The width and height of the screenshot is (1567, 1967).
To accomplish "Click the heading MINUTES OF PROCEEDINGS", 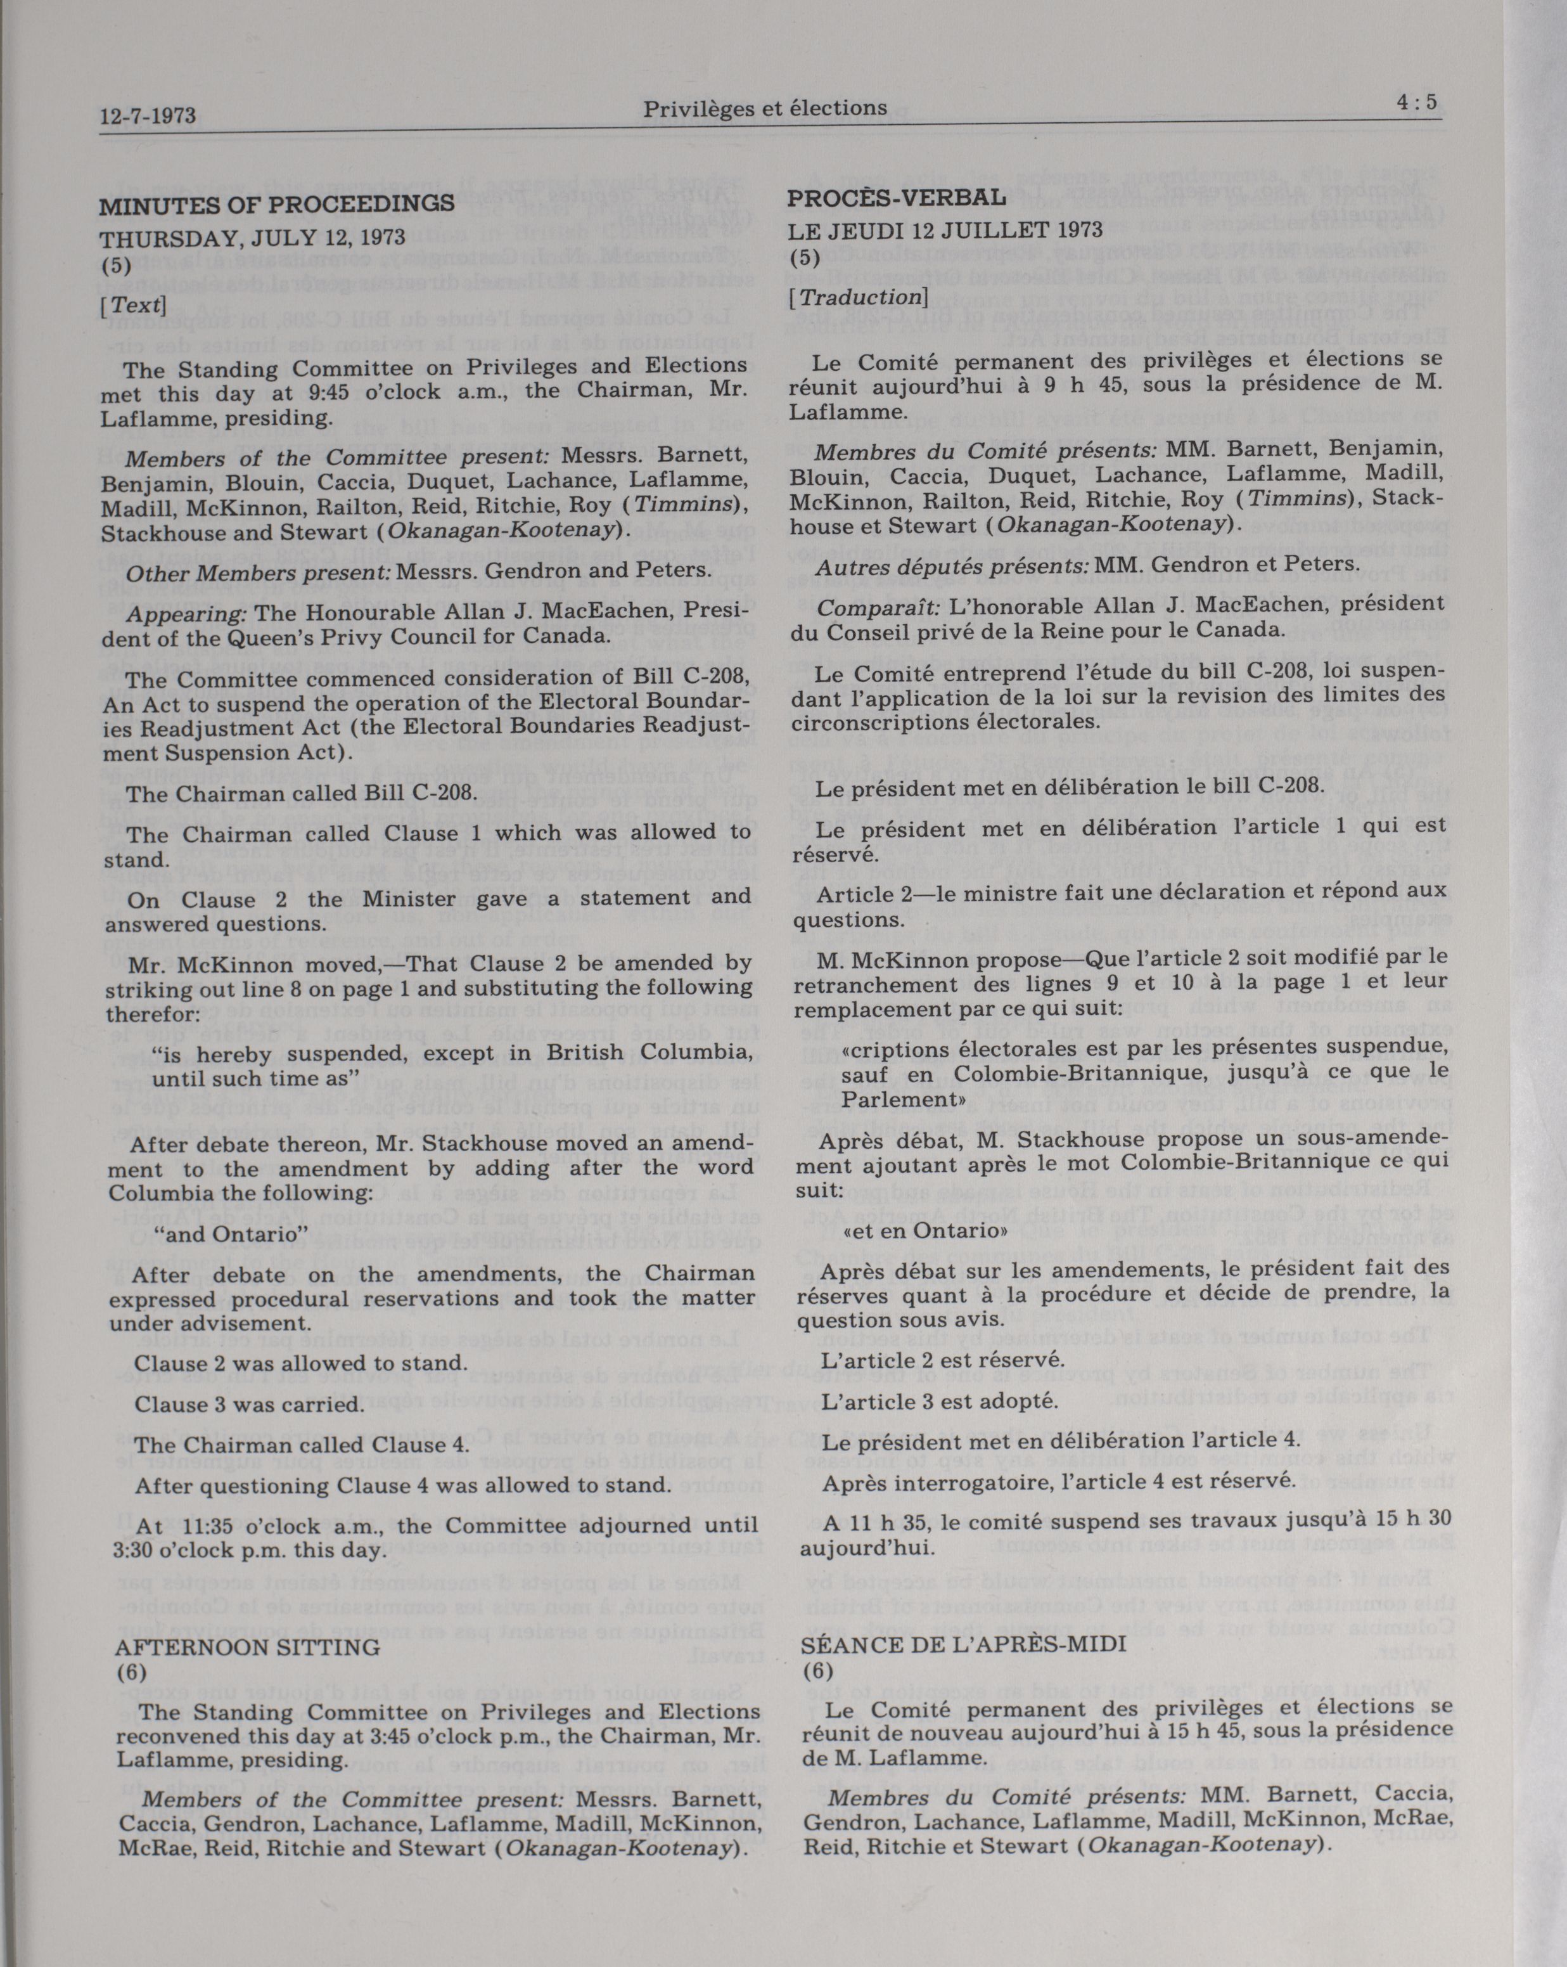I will click(x=276, y=204).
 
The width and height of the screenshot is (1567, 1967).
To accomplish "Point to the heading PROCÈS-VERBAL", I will click(x=897, y=197).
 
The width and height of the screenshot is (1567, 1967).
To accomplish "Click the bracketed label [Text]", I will click(x=133, y=305).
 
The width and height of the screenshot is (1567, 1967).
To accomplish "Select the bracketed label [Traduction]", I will click(x=857, y=297).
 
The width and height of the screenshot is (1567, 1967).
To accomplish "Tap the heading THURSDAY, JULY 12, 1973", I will click(x=253, y=238).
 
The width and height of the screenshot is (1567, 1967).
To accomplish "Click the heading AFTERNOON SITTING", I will click(x=247, y=1647).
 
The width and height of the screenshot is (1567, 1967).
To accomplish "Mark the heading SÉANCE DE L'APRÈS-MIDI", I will click(x=964, y=1643).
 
